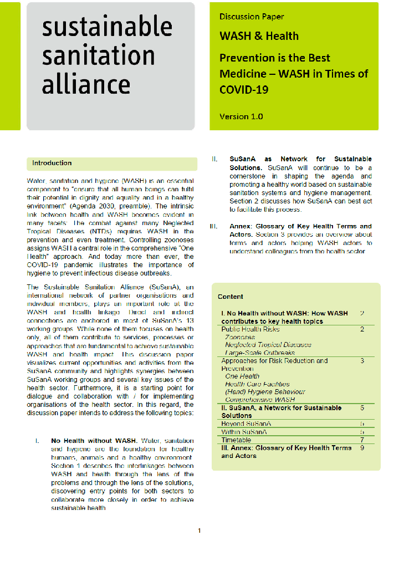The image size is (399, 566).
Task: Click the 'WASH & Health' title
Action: tap(259, 36)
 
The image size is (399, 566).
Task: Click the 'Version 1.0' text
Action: tap(241, 116)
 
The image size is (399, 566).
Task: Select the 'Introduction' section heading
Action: tap(52, 163)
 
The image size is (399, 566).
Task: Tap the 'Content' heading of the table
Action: tap(230, 297)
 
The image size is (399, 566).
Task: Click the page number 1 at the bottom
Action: tap(199, 531)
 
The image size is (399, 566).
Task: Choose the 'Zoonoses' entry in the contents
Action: tap(240, 337)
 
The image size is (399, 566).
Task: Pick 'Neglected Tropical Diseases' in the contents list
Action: tap(268, 345)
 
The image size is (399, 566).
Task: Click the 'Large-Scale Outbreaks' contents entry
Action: tap(259, 353)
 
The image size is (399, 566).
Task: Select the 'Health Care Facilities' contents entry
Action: tap(257, 384)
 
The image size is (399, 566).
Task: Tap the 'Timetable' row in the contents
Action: tap(236, 440)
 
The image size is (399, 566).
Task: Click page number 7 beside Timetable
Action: tap(362, 440)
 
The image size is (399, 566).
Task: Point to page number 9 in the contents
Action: tap(362, 447)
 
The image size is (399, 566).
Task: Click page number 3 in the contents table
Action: tap(362, 360)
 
